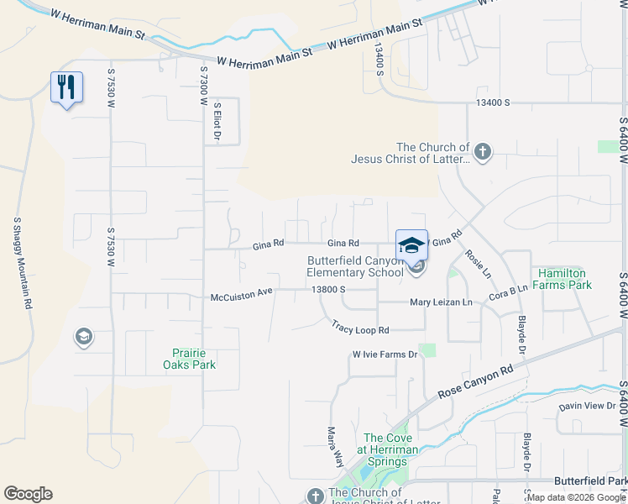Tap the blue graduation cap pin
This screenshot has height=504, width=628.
click(411, 245)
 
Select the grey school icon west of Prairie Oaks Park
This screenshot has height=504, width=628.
click(83, 338)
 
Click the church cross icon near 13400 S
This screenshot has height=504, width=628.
click(482, 152)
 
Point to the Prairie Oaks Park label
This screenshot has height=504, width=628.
click(190, 359)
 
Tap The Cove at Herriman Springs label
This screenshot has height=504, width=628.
click(390, 444)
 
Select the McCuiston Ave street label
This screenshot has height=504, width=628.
click(242, 297)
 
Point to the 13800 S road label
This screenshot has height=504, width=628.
click(328, 290)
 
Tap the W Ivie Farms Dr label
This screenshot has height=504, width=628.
click(385, 354)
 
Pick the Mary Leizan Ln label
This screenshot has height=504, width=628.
click(442, 302)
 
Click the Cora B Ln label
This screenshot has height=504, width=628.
click(508, 291)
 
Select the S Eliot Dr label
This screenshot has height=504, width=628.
click(217, 122)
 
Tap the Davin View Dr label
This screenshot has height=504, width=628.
click(588, 407)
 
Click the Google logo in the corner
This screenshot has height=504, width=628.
click(28, 494)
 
